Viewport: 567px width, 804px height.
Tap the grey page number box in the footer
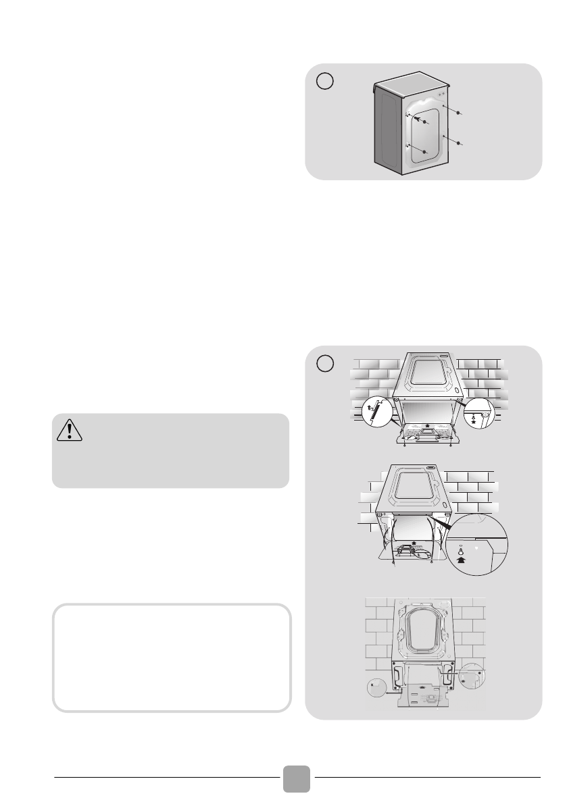tap(297, 778)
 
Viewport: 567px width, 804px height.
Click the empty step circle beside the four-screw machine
tap(324, 80)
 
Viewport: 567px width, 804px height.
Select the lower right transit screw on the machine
tap(459, 144)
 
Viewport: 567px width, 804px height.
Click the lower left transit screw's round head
tap(424, 153)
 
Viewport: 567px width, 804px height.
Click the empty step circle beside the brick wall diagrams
tap(324, 363)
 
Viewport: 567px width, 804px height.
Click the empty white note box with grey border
tap(172, 657)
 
